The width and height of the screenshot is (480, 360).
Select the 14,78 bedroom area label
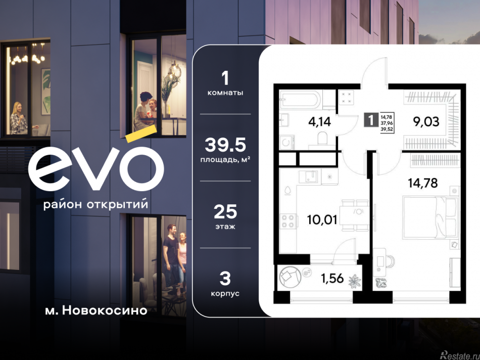click(x=423, y=182)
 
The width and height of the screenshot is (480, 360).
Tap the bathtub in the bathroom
click(x=300, y=100)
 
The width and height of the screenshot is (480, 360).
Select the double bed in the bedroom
click(x=430, y=217)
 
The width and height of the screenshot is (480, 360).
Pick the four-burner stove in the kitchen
click(x=288, y=221)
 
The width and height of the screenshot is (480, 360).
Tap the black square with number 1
click(x=371, y=121)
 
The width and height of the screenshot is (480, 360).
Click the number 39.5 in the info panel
click(x=225, y=145)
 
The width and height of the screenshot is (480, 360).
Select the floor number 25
click(x=225, y=211)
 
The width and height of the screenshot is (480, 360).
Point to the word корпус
click(x=225, y=293)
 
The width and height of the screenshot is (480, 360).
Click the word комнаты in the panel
click(x=225, y=93)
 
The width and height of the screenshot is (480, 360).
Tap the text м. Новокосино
click(x=96, y=310)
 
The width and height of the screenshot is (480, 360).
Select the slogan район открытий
click(x=96, y=204)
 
